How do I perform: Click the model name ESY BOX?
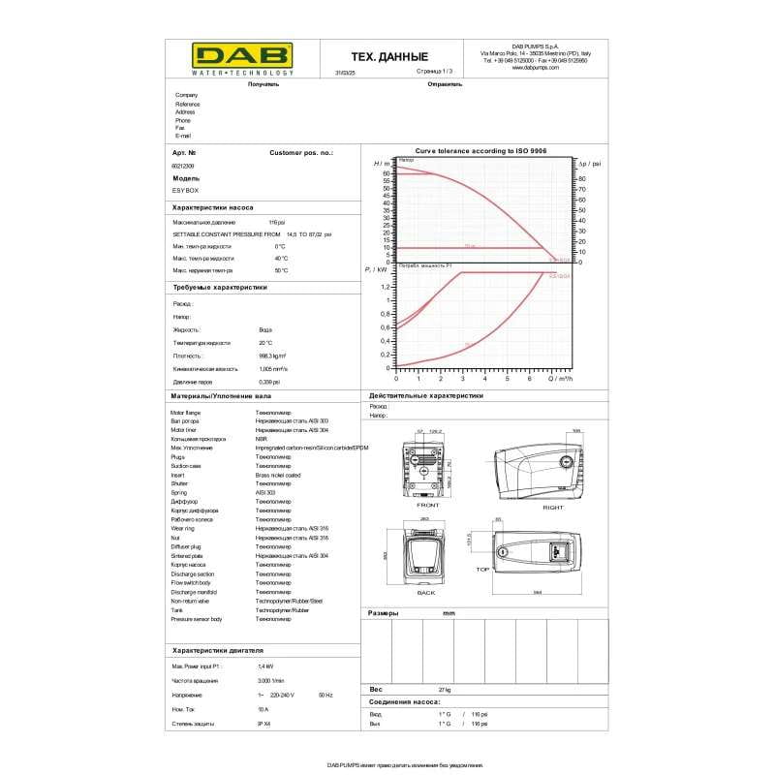185,191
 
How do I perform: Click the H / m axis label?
381,164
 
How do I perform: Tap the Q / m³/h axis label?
562,379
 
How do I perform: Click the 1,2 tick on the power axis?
386,287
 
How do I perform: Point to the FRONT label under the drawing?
427,505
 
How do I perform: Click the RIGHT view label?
553,507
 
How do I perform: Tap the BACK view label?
426,592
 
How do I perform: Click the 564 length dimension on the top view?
536,590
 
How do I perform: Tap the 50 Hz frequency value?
325,696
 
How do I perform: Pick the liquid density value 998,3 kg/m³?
272,356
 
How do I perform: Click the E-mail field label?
183,136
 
